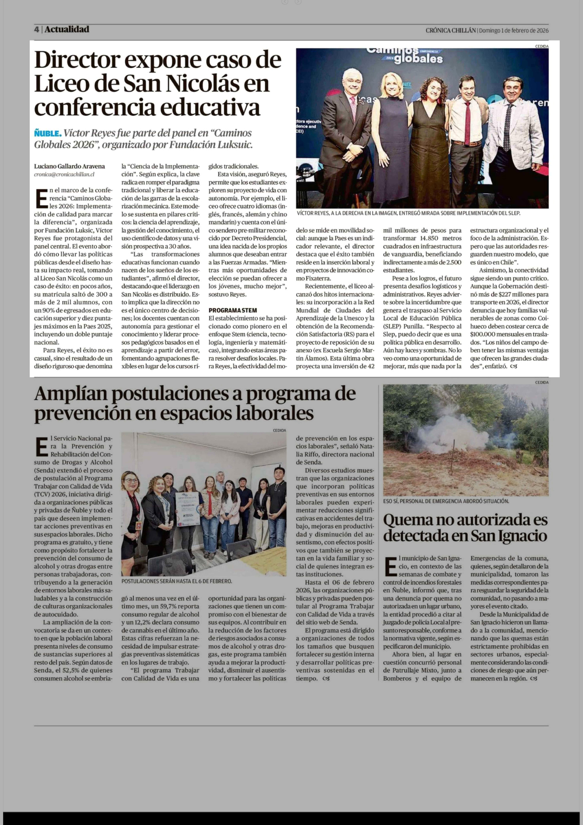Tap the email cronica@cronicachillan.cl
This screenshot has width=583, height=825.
click(x=64, y=174)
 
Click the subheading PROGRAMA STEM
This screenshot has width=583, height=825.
click(x=233, y=310)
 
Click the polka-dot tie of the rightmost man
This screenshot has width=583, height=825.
click(x=508, y=126)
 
